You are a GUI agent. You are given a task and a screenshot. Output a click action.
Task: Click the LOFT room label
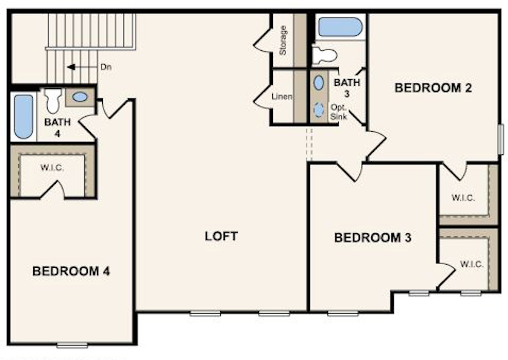pyautogui.click(x=221, y=236)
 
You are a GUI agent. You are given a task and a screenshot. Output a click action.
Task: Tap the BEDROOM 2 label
pyautogui.click(x=433, y=88)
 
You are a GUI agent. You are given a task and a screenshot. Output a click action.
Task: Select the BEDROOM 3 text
pyautogui.click(x=373, y=238)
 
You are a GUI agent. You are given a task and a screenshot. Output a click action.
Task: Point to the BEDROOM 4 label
pyautogui.click(x=71, y=272)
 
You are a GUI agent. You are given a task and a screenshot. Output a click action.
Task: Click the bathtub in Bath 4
pyautogui.click(x=23, y=117)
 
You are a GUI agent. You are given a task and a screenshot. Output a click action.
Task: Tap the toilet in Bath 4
pyautogui.click(x=53, y=100)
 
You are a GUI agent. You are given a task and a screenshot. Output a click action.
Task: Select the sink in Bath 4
pyautogui.click(x=80, y=97)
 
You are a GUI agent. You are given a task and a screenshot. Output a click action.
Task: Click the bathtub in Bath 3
pyautogui.click(x=340, y=28)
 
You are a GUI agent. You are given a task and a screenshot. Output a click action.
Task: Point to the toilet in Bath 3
pyautogui.click(x=325, y=54)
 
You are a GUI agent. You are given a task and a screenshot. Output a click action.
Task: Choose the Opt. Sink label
pyautogui.click(x=339, y=112)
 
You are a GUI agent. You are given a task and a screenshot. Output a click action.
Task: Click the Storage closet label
pyautogui.click(x=283, y=40)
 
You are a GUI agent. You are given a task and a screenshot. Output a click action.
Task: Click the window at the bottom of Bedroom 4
pyautogui.click(x=71, y=344)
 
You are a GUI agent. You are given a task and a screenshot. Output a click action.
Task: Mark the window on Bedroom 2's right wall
pyautogui.click(x=501, y=139)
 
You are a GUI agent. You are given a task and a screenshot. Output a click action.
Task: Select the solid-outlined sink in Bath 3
pyautogui.click(x=319, y=82)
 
